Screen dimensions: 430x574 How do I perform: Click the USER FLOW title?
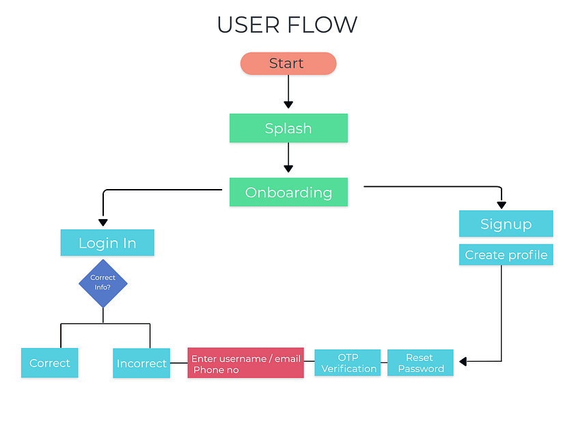(287, 25)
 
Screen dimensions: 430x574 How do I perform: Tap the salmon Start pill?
(288, 63)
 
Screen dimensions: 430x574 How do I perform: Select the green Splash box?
(288, 128)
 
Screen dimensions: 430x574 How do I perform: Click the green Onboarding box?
(288, 192)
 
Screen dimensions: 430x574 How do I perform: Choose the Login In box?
(107, 243)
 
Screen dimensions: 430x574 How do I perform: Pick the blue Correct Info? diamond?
(103, 283)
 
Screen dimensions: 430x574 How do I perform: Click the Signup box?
(506, 224)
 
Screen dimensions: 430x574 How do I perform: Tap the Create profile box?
(506, 255)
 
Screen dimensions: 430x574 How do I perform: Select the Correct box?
(50, 363)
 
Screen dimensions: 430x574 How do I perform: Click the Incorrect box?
(141, 363)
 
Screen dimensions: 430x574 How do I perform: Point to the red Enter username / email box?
(245, 363)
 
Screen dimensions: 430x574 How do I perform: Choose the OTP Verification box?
(348, 363)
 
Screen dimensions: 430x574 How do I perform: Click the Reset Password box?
(420, 363)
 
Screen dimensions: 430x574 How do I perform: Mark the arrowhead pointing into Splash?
(288, 104)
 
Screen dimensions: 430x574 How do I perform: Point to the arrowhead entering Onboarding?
(288, 169)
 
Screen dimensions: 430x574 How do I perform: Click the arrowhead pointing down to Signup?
(502, 204)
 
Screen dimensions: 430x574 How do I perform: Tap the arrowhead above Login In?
(103, 222)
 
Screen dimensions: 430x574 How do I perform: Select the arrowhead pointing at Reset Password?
(463, 361)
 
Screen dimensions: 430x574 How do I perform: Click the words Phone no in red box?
(216, 370)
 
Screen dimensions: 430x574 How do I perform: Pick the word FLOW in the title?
(323, 25)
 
